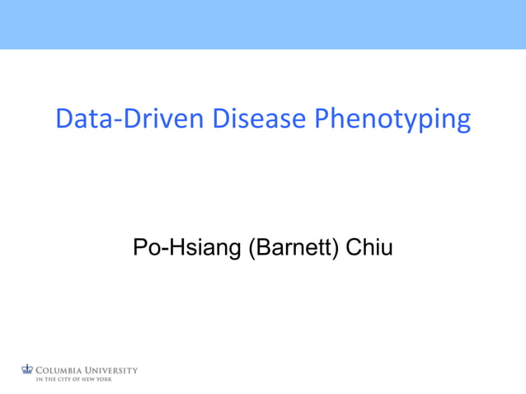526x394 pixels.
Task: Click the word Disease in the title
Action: click(x=258, y=120)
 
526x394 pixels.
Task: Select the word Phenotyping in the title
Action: click(x=392, y=120)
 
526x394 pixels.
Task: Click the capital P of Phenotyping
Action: click(x=323, y=120)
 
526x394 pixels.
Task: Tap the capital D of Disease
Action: click(x=220, y=120)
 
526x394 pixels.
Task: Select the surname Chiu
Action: click(x=369, y=246)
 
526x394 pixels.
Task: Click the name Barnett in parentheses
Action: click(x=293, y=246)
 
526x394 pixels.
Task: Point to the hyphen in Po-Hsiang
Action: click(x=162, y=248)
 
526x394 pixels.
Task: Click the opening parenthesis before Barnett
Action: click(x=251, y=247)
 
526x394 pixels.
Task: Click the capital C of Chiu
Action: click(x=353, y=246)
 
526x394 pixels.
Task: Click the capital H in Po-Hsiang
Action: click(x=173, y=246)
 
